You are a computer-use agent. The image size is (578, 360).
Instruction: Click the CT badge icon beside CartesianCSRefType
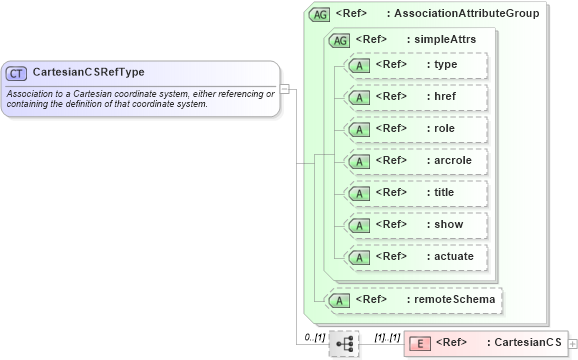(x=16, y=73)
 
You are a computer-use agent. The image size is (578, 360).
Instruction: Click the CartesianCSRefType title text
(x=88, y=73)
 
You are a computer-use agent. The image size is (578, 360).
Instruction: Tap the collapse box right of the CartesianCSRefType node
(x=285, y=88)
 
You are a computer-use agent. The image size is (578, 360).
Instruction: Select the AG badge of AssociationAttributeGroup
(x=319, y=14)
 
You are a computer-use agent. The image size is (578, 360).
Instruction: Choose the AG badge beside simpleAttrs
(x=340, y=40)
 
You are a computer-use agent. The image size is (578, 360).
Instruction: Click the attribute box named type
(x=415, y=66)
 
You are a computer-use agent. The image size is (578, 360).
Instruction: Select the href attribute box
(x=415, y=97)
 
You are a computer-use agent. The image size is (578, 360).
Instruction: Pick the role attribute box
(x=415, y=129)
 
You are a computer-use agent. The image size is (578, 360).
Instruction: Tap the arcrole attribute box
(x=415, y=161)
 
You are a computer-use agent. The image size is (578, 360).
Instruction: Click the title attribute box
(x=415, y=193)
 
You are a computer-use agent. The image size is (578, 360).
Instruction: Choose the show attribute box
(x=415, y=225)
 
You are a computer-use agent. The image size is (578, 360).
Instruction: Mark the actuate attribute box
(x=415, y=257)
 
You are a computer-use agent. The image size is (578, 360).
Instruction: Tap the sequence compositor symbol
(x=343, y=343)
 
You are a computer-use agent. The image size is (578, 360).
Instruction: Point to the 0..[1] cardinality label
(x=314, y=337)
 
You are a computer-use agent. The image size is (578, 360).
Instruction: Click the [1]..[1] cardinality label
(x=387, y=337)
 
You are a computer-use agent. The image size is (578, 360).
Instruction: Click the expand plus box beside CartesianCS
(x=572, y=343)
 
